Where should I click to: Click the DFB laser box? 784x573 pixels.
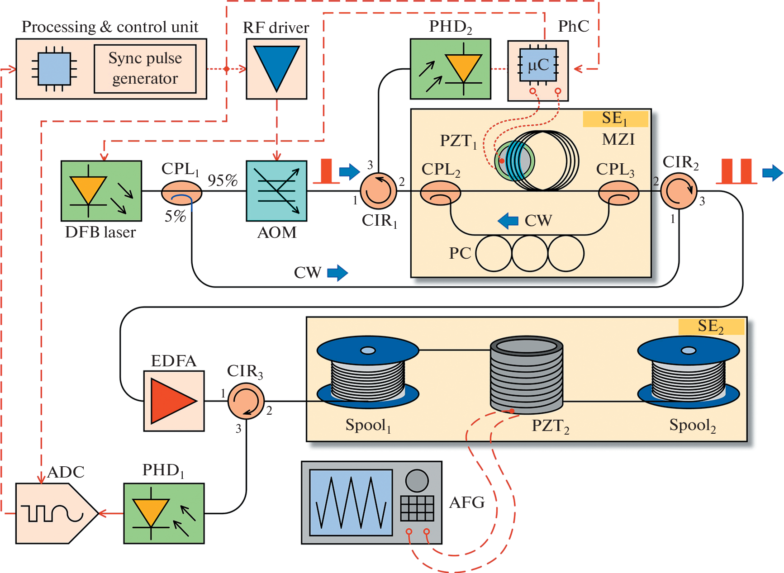click(x=101, y=191)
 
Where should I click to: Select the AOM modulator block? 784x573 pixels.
click(x=276, y=191)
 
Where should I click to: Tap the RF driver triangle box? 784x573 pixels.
click(x=276, y=69)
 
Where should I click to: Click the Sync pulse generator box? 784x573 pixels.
click(x=145, y=69)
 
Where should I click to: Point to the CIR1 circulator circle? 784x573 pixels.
click(x=378, y=191)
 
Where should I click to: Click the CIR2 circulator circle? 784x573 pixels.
click(x=679, y=191)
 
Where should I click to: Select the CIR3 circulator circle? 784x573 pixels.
click(x=246, y=401)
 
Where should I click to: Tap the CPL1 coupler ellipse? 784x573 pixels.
click(x=181, y=192)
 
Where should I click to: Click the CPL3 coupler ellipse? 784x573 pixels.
click(x=618, y=193)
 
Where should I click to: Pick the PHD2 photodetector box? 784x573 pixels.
click(x=450, y=69)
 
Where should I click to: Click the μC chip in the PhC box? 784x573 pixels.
click(x=538, y=66)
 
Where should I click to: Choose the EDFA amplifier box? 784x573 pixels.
click(x=174, y=401)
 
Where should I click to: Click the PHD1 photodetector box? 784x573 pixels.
click(x=164, y=513)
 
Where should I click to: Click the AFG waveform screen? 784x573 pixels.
click(x=351, y=502)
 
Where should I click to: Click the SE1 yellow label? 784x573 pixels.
click(x=615, y=118)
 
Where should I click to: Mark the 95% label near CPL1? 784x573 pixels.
click(x=223, y=180)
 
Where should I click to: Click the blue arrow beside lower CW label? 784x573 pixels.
click(x=337, y=273)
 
